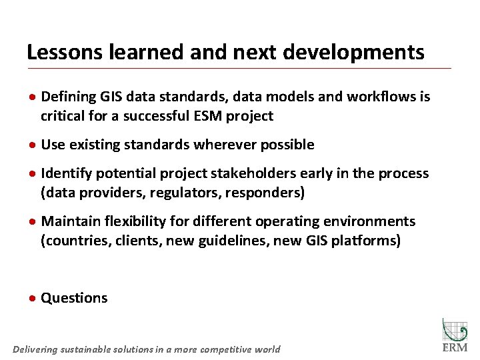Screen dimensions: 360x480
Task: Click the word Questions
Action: pyautogui.click(x=74, y=298)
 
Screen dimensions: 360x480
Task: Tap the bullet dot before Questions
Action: pyautogui.click(x=33, y=299)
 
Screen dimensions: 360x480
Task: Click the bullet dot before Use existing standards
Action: pyautogui.click(x=33, y=145)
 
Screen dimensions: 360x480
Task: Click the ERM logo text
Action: pyautogui.click(x=455, y=348)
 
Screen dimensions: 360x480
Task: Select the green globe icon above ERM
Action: pyautogui.click(x=455, y=329)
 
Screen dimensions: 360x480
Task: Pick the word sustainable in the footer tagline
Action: pyautogui.click(x=85, y=349)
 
